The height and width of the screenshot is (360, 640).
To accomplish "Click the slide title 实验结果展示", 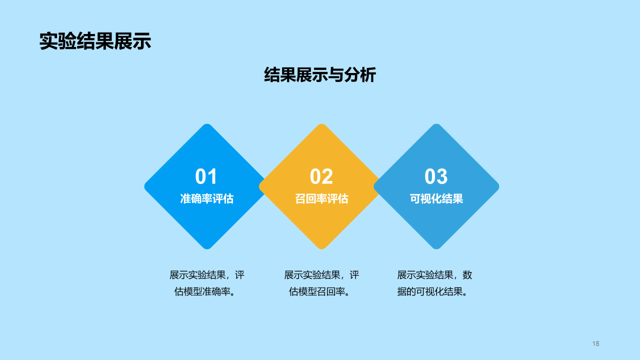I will coord(95,41).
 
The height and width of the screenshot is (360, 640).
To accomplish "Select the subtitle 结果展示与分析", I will coord(319,75).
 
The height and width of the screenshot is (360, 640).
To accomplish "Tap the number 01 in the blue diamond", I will coord(206,177).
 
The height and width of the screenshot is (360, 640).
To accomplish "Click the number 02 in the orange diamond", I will coord(321,177).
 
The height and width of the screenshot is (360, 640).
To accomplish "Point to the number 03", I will coord(436,177).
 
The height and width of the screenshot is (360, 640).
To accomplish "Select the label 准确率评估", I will coord(206,198).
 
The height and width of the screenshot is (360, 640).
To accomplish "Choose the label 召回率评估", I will coord(321,198).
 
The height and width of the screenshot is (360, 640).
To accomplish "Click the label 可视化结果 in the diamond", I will coord(436,198).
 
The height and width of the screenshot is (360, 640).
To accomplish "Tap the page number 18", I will coord(595,343).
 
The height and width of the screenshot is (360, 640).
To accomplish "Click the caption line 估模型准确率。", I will coord(205,291).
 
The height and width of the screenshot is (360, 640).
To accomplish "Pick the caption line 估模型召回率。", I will coord(319,291).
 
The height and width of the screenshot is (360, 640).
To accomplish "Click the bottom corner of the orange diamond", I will coord(321,246).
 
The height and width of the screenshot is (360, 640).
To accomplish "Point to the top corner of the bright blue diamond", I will coord(206,126).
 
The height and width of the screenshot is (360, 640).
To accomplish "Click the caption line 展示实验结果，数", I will coord(434,275).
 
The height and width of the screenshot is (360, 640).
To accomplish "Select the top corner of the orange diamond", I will coord(321,126).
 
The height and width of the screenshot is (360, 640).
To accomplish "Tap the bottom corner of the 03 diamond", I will coord(436,246).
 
